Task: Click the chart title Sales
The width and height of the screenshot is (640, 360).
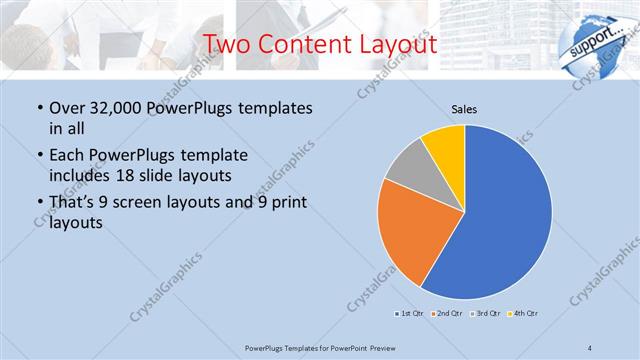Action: [464, 108]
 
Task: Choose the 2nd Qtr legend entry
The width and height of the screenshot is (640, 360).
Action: [449, 313]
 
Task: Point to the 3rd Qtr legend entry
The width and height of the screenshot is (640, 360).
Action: [487, 313]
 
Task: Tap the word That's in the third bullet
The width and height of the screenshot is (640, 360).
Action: [72, 204]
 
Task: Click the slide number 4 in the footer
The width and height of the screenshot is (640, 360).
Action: [590, 347]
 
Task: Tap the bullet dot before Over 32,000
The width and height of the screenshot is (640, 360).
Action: [39, 108]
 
